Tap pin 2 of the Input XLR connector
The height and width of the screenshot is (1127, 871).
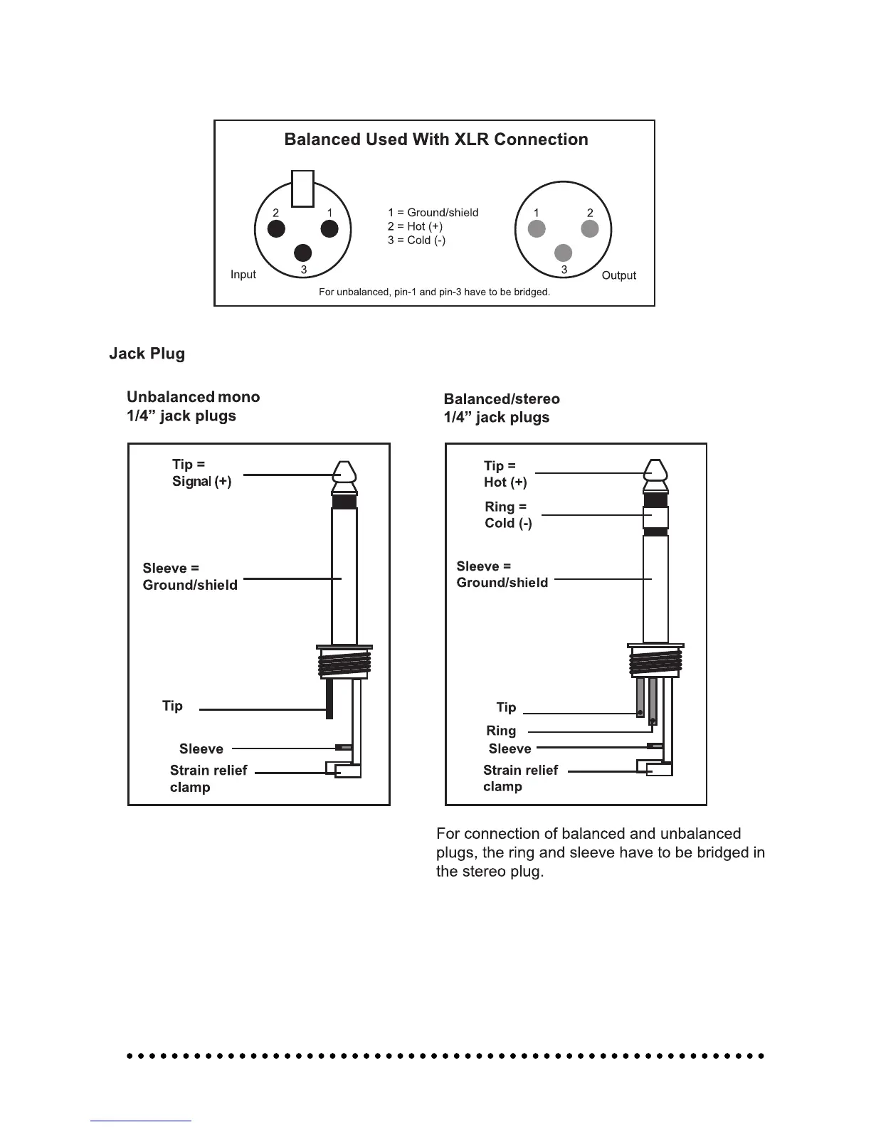pyautogui.click(x=276, y=228)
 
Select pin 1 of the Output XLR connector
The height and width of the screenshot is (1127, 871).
pyautogui.click(x=537, y=228)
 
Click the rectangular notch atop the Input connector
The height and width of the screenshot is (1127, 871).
pyautogui.click(x=303, y=189)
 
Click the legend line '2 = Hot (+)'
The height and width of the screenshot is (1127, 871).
pyautogui.click(x=415, y=226)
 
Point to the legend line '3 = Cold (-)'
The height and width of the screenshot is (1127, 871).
pyautogui.click(x=416, y=240)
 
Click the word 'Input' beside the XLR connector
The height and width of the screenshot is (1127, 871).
pyautogui.click(x=243, y=275)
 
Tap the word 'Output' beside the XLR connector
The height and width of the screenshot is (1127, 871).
pyautogui.click(x=618, y=275)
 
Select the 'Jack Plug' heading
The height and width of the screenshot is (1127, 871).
pyautogui.click(x=147, y=354)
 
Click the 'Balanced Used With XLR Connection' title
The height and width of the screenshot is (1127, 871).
pyautogui.click(x=436, y=139)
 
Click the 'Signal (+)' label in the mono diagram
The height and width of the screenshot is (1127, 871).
pyautogui.click(x=201, y=482)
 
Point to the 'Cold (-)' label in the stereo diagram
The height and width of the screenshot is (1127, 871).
pyautogui.click(x=508, y=523)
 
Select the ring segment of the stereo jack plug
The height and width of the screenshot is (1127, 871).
pyautogui.click(x=656, y=517)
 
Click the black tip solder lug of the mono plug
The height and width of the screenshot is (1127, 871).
pyautogui.click(x=329, y=699)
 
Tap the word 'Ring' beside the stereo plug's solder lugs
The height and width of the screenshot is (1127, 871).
pyautogui.click(x=501, y=731)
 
